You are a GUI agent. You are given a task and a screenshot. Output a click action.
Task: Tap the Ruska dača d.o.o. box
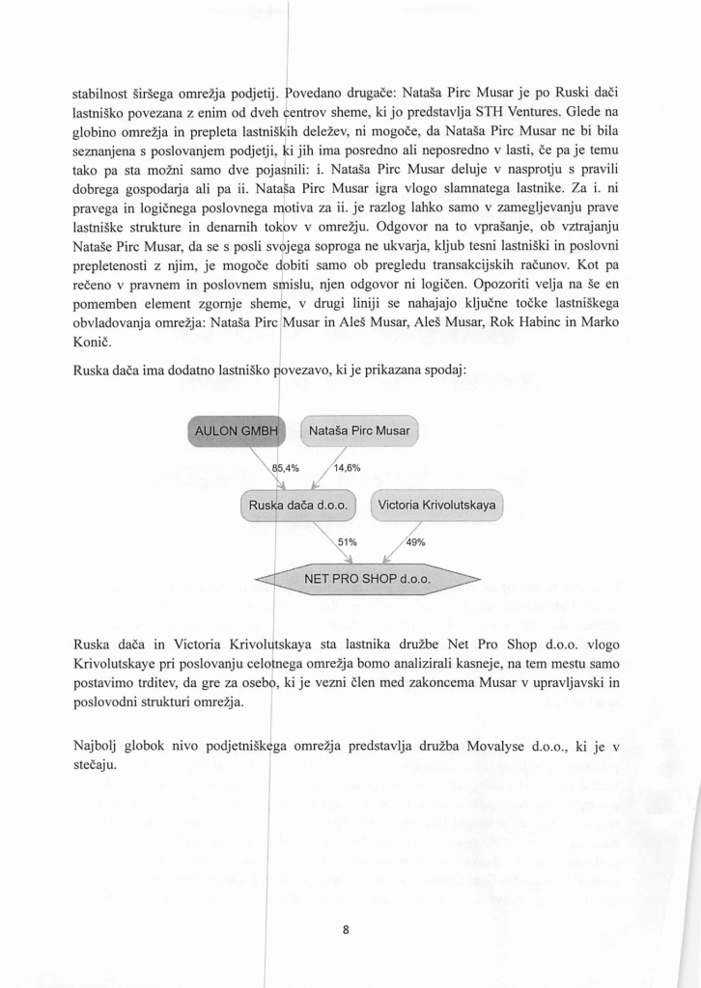click(x=297, y=506)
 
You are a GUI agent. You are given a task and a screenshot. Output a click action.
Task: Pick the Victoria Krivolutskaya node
click(x=436, y=506)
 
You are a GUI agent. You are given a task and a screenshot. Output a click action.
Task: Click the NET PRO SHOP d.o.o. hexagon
click(x=366, y=580)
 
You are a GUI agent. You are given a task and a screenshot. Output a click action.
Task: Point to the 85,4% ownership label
click(x=286, y=468)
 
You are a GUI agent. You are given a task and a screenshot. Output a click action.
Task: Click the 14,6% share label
click(x=347, y=468)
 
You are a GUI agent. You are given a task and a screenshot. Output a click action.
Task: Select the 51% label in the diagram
click(x=347, y=542)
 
